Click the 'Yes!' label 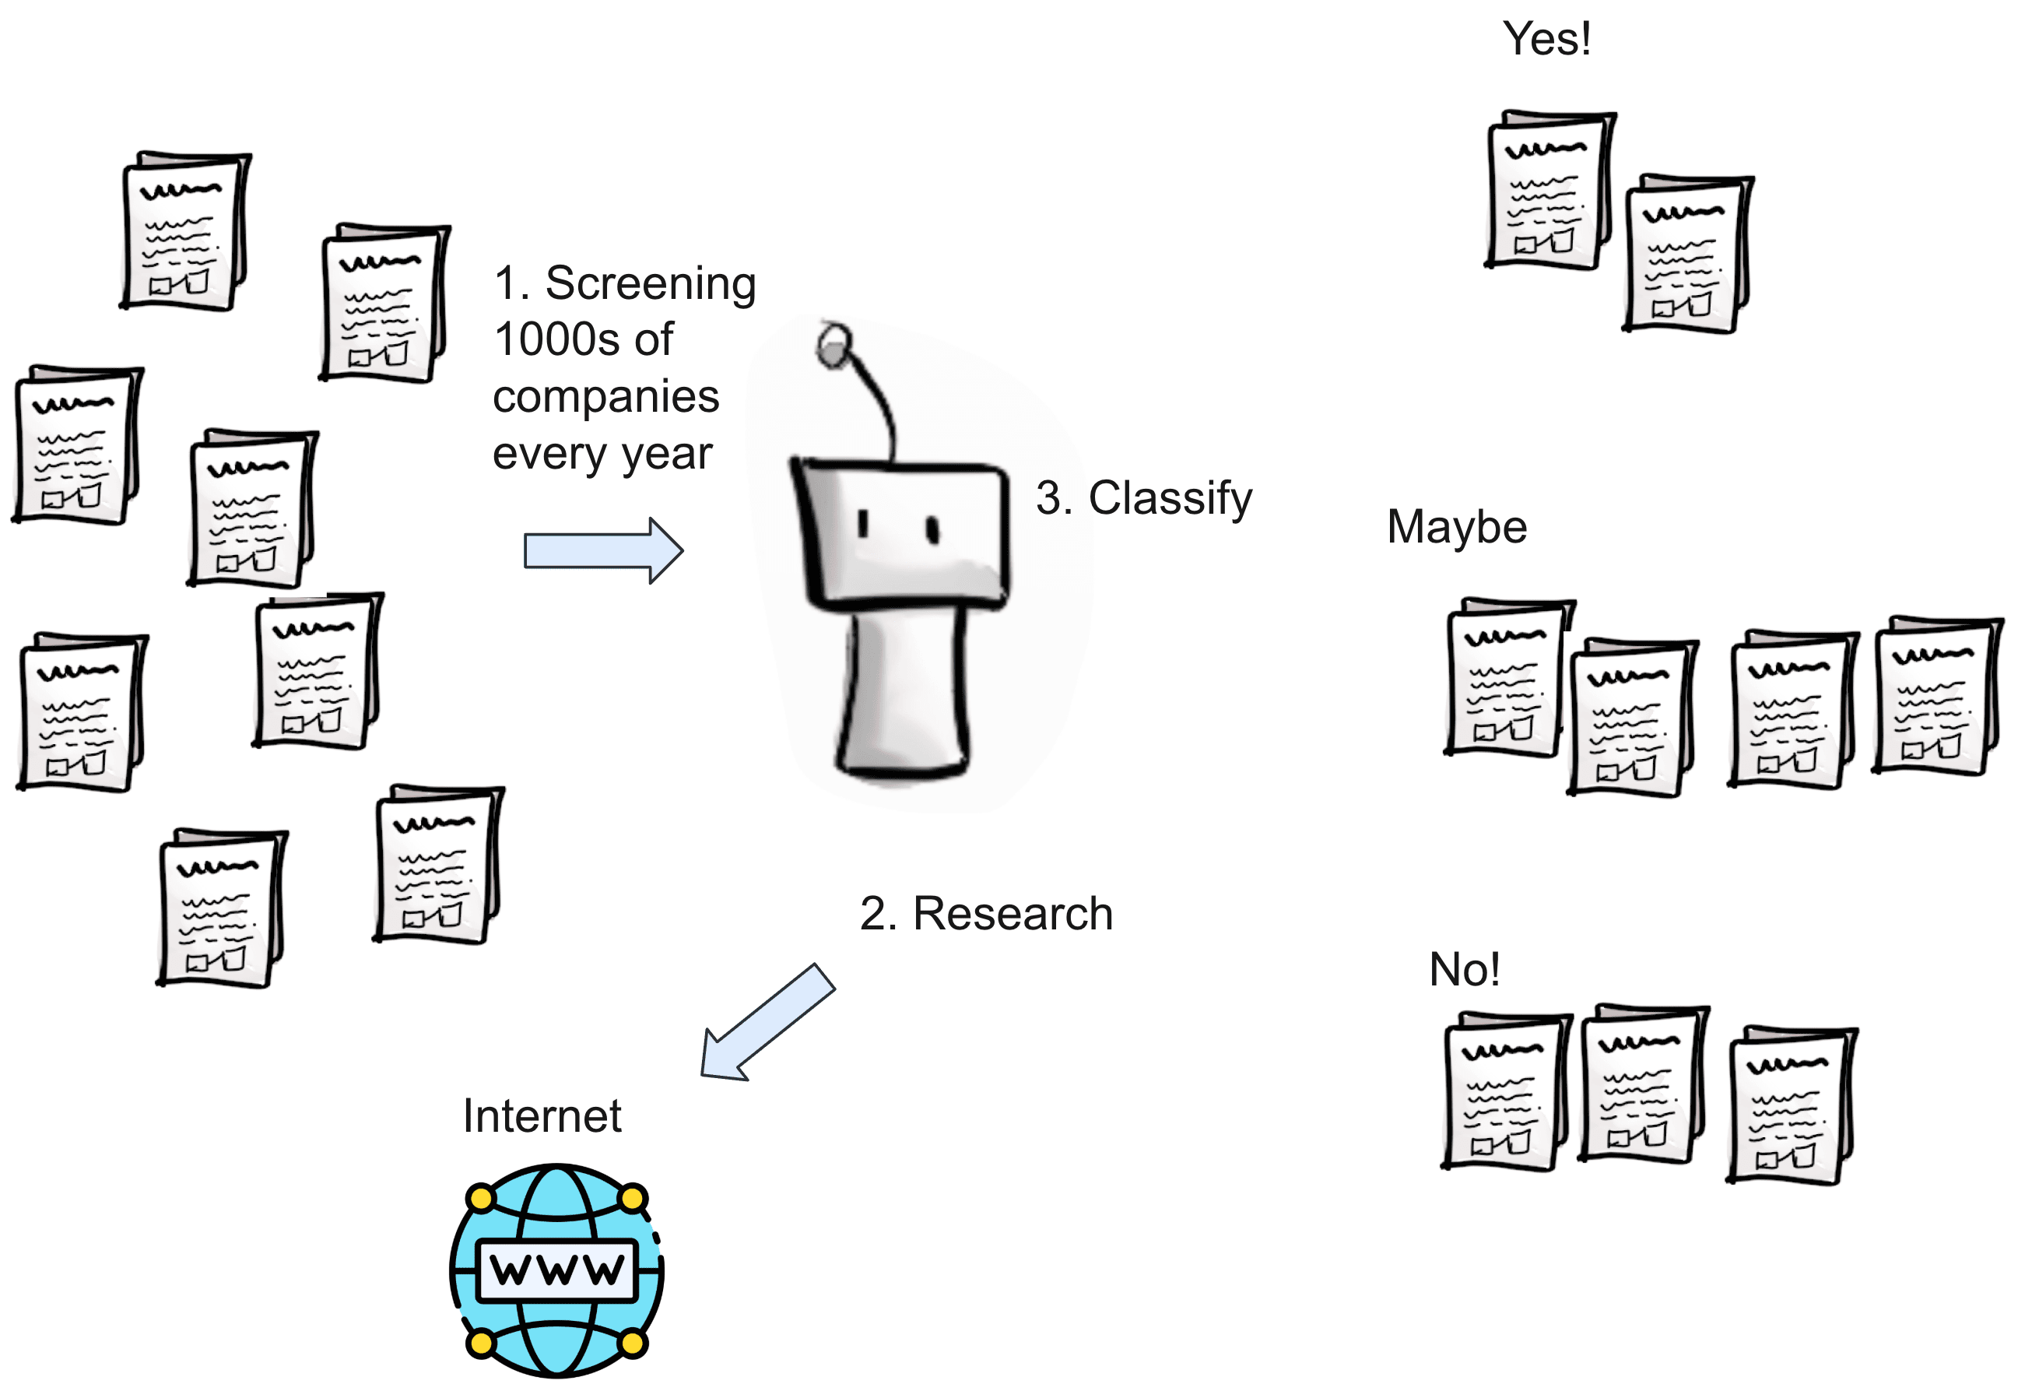(1546, 39)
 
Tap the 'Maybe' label (1457, 527)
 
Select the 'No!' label (1465, 969)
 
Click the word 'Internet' (542, 1116)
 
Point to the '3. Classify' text (1143, 498)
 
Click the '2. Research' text (986, 915)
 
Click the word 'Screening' (650, 284)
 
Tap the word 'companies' (605, 398)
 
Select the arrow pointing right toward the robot (603, 551)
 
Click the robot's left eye (862, 524)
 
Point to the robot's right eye (932, 529)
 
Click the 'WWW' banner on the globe (558, 1270)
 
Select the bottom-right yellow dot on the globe (633, 1343)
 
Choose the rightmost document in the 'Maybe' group (1936, 697)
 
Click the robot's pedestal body (904, 693)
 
